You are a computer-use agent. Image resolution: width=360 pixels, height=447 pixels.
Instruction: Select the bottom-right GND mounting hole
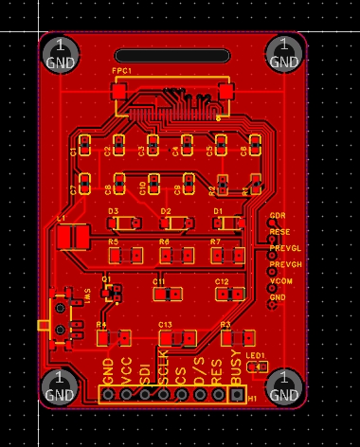pos(283,385)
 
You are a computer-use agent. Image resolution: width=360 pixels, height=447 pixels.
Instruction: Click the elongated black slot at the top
pos(171,56)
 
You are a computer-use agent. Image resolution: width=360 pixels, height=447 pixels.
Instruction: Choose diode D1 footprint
pos(227,223)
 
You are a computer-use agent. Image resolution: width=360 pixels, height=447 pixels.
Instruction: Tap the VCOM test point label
pos(281,281)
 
